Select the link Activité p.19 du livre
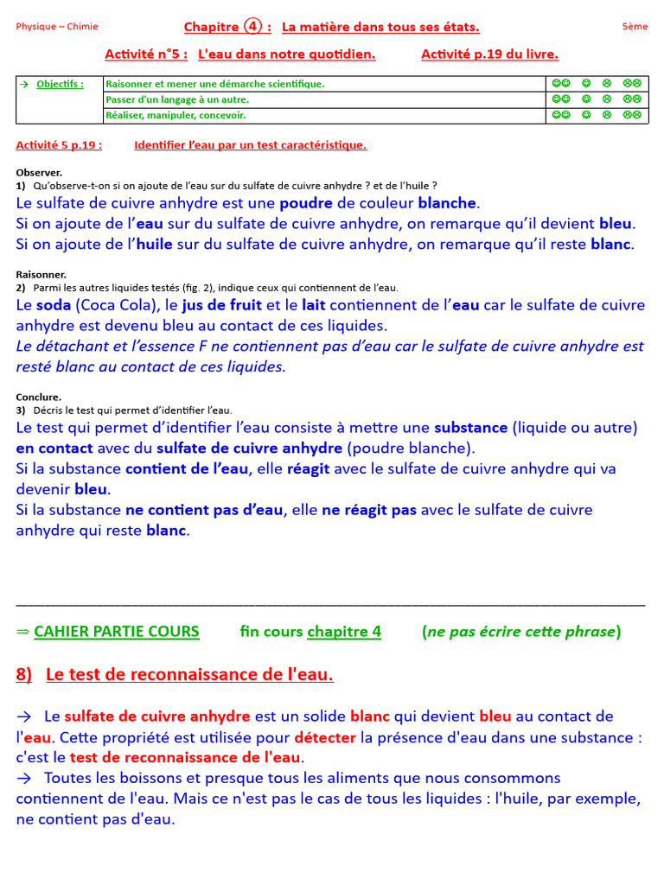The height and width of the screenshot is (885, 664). (489, 54)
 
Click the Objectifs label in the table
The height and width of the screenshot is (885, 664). (60, 84)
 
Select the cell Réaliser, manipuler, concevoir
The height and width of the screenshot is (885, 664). (175, 114)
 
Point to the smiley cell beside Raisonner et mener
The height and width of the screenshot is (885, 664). (596, 84)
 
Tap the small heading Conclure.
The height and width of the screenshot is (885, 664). (39, 397)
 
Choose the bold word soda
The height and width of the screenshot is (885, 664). (54, 305)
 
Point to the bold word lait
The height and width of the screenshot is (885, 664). (314, 305)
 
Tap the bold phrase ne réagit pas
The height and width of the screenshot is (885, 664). (369, 510)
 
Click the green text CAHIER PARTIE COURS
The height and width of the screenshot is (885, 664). (117, 632)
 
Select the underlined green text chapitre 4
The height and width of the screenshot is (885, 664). (344, 632)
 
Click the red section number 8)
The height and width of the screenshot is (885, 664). (24, 675)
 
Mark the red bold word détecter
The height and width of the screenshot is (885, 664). (324, 737)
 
